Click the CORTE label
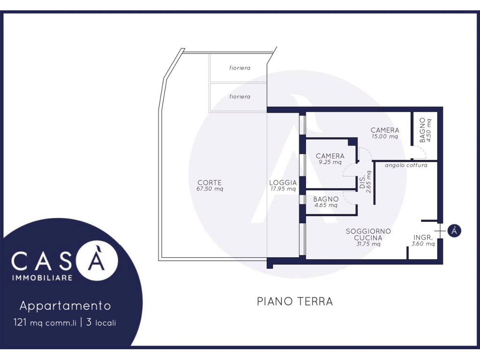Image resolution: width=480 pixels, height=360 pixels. (210, 182)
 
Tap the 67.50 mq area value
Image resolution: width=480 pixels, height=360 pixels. (210, 189)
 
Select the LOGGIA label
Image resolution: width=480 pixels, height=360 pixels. (283, 183)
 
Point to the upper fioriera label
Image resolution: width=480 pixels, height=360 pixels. (240, 68)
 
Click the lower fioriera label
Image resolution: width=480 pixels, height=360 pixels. (240, 97)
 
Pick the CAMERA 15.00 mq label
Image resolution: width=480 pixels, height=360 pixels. (385, 133)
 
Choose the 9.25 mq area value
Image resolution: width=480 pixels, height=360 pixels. (330, 162)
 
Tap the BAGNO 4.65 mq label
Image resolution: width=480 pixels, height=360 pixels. (326, 202)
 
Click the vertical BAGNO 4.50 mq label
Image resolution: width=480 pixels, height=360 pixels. (426, 130)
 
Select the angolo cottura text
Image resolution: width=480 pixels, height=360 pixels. (406, 165)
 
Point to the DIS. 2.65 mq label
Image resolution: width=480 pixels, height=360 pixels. (365, 182)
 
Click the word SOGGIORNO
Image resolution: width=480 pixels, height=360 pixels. (368, 231)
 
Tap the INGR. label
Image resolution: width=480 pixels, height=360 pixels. (423, 237)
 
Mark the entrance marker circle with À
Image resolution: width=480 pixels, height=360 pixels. (454, 231)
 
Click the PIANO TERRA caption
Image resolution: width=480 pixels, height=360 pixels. (295, 301)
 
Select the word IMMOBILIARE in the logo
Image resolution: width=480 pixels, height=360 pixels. (42, 277)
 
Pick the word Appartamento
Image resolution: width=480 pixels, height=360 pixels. (65, 306)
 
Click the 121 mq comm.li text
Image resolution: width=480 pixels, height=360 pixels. (45, 322)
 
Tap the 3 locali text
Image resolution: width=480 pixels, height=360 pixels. (101, 322)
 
